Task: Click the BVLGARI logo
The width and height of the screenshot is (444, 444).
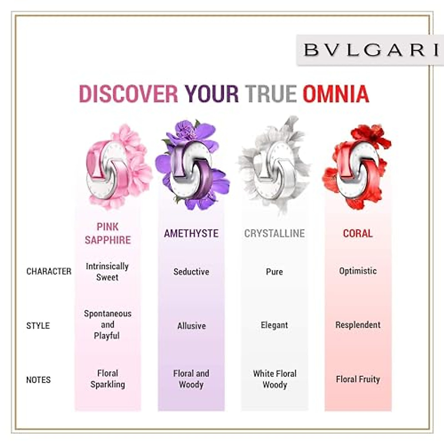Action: click(370, 50)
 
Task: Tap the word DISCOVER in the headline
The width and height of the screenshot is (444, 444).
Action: click(128, 94)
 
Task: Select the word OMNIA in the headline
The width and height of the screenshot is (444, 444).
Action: click(336, 94)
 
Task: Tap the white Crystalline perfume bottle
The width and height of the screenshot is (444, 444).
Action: click(274, 168)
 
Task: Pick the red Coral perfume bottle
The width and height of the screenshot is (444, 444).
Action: click(357, 168)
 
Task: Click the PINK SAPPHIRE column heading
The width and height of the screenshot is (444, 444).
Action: click(108, 233)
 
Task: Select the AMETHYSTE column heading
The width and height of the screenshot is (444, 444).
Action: click(191, 233)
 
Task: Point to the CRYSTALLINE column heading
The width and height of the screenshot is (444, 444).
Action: click(275, 233)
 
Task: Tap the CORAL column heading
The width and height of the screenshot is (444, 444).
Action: click(358, 233)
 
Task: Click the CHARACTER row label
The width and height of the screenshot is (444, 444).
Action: click(49, 271)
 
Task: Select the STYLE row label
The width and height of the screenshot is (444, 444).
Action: click(38, 326)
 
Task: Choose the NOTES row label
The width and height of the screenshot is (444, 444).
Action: click(38, 380)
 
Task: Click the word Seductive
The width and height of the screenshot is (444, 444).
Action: click(191, 272)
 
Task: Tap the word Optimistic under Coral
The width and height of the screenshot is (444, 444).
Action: click(358, 271)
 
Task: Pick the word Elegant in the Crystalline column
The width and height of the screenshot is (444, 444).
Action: click(274, 325)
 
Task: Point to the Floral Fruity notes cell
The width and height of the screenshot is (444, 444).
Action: click(358, 379)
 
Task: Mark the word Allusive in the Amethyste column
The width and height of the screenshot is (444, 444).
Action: click(191, 326)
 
